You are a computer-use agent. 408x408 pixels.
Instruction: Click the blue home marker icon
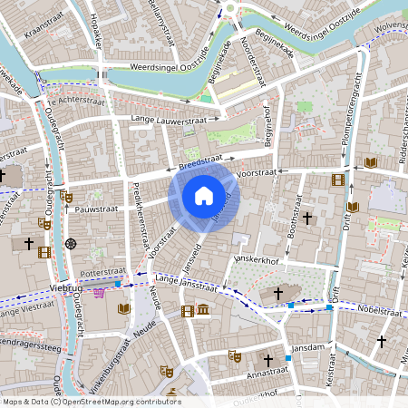click(x=204, y=196)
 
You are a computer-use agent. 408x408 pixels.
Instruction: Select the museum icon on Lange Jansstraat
click(x=203, y=311)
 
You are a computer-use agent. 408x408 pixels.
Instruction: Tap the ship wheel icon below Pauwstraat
click(x=72, y=243)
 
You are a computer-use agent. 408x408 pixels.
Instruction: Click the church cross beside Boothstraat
click(x=307, y=219)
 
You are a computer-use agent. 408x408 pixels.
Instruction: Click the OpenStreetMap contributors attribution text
click(x=91, y=402)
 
